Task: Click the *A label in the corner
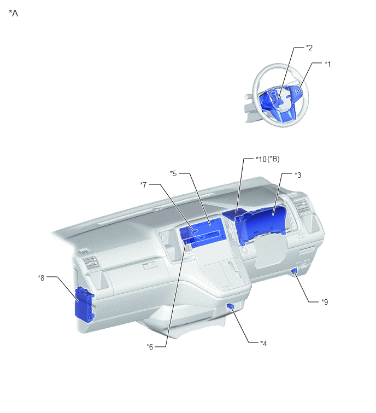pos(14,13)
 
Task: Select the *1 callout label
pos(327,64)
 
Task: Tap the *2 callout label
pos(309,48)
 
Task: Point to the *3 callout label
pos(298,175)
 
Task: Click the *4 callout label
pos(263,344)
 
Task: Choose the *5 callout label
pos(173,173)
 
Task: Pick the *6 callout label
pos(150,347)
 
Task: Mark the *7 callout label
pos(143,185)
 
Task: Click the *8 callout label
pos(42,278)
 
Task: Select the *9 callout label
pos(325,302)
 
